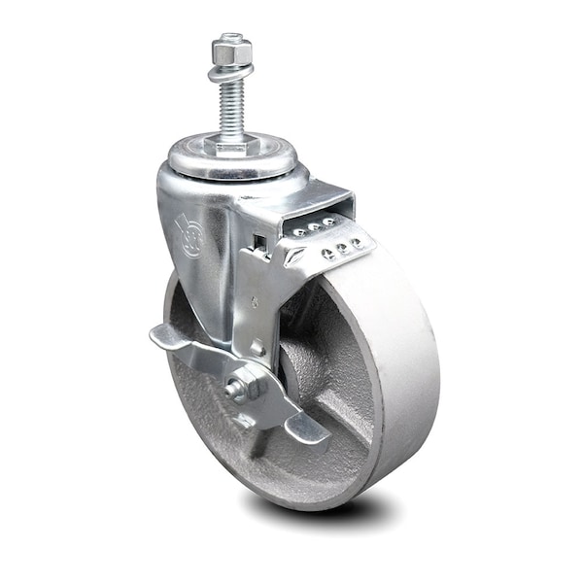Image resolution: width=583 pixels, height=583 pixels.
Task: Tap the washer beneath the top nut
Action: (x=228, y=67)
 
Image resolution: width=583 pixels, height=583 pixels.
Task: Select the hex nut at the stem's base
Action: (x=229, y=149)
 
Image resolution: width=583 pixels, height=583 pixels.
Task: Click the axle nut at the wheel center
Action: (x=249, y=385)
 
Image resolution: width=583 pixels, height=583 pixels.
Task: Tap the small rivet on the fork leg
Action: (x=257, y=346)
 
